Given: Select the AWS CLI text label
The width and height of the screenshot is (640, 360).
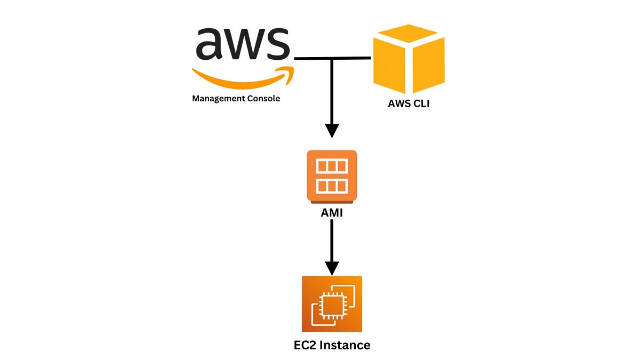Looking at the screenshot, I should pos(409,104).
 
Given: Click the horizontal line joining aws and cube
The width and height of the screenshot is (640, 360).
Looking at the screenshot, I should pos(352,58).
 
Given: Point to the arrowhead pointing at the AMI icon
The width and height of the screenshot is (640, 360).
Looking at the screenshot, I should pos(332,131).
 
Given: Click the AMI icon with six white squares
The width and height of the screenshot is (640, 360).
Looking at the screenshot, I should pos(332,176).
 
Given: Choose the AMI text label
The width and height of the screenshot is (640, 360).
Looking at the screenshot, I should pos(332,213).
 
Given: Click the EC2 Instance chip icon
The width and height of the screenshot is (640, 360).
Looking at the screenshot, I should pos(332,304).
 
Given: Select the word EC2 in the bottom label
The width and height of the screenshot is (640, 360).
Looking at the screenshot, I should pos(306,345).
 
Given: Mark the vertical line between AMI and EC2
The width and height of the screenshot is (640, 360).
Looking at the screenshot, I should pos(332,240).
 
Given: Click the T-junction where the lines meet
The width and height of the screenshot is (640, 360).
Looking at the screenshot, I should pos(332,58).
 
